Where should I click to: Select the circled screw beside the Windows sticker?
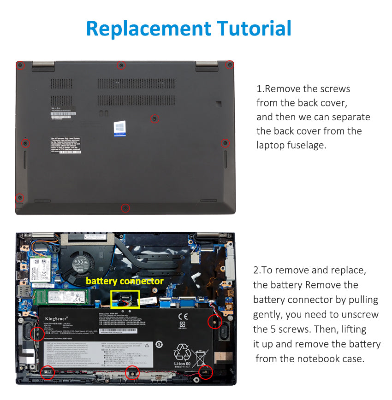[x=154, y=119]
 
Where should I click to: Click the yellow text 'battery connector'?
[x=125, y=281]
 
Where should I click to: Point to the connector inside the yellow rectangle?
[x=125, y=300]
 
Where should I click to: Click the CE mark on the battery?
[x=183, y=317]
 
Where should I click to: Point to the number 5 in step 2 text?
[x=272, y=329]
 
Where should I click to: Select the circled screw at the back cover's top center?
[x=121, y=65]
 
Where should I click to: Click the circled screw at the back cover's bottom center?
[x=125, y=208]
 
